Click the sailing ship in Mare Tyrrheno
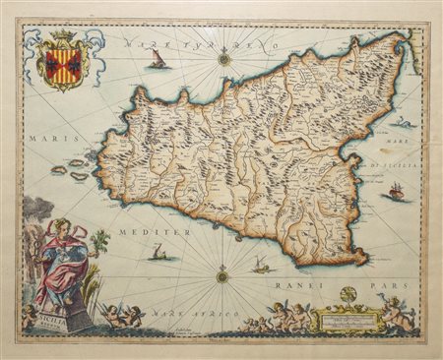(x=157, y=61)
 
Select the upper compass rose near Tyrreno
(x=224, y=60)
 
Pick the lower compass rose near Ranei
(x=222, y=277)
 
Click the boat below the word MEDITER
(x=157, y=255)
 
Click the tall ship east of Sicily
(x=396, y=191)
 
